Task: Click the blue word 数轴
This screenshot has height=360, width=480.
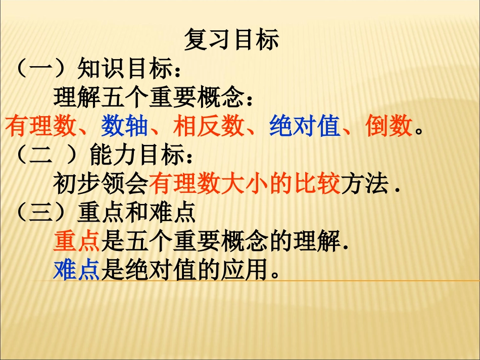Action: [124, 127]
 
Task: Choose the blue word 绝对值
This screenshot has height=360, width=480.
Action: [305, 127]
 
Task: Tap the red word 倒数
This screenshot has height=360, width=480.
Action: [390, 127]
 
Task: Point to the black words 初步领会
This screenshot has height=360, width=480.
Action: [101, 185]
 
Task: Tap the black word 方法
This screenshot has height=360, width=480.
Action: [365, 185]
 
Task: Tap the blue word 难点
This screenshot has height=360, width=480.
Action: [77, 272]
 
